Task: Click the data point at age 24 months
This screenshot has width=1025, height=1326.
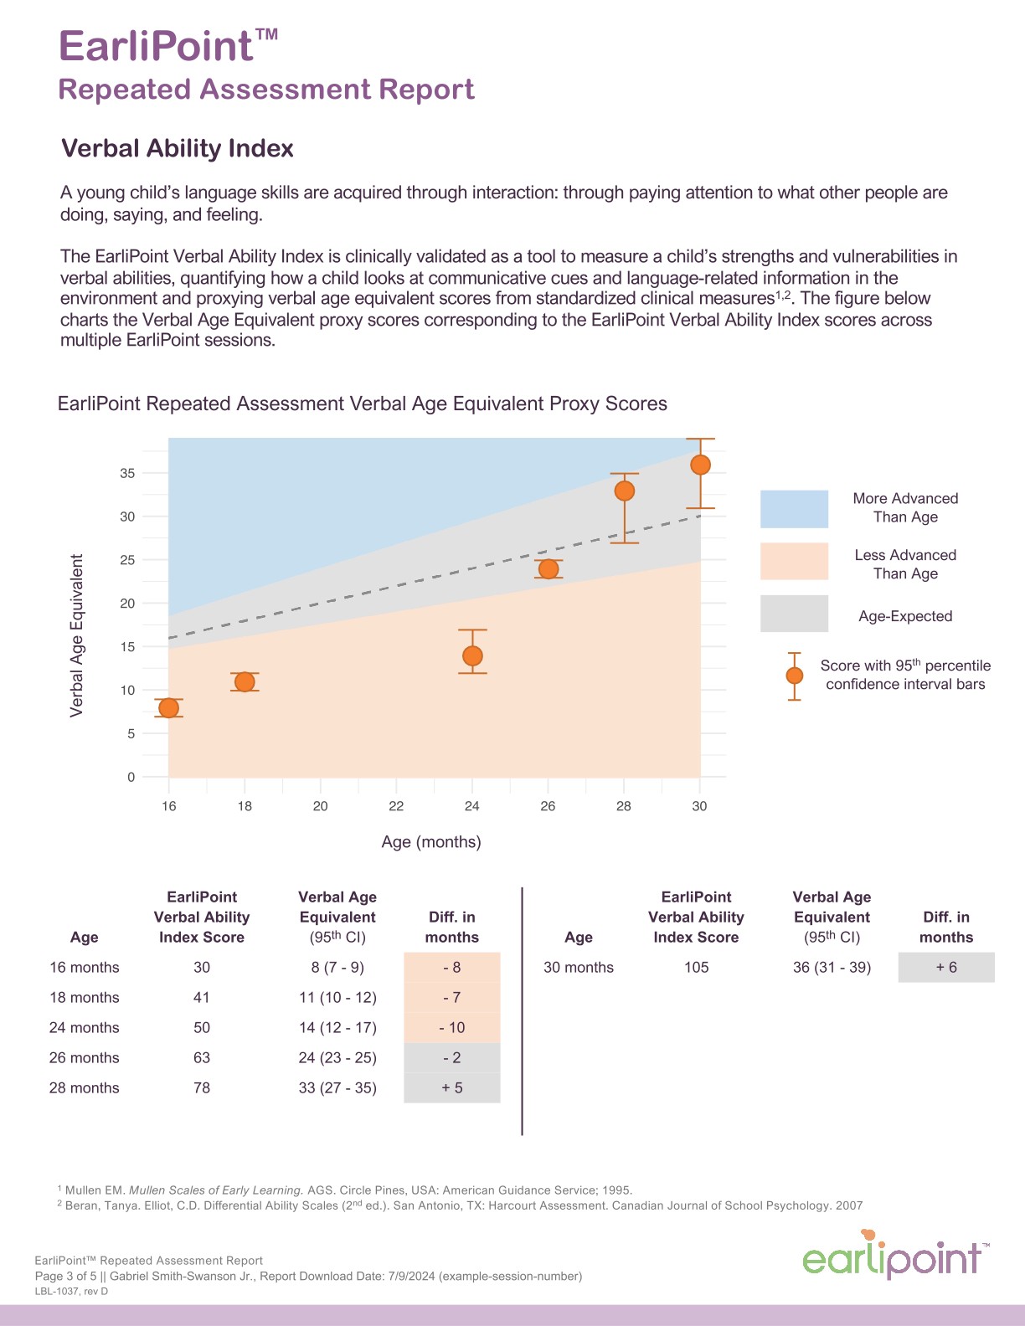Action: [472, 655]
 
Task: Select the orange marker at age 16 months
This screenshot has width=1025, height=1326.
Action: [168, 708]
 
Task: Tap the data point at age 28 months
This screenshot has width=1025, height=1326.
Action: [624, 491]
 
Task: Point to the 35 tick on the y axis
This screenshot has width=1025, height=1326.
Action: [127, 473]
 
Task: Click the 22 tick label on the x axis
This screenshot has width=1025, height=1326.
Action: [396, 806]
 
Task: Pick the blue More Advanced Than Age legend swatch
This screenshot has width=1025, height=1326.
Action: [794, 509]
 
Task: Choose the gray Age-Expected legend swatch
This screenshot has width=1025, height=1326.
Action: [794, 614]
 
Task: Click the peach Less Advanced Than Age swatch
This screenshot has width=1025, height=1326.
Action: [794, 562]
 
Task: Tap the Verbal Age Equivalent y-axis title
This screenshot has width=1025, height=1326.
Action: [77, 635]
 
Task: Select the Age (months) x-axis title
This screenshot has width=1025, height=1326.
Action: [431, 842]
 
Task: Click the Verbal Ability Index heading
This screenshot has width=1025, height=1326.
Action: [178, 149]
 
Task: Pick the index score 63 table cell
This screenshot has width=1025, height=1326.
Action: [202, 1058]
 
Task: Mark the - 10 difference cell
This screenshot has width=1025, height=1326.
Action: [452, 1028]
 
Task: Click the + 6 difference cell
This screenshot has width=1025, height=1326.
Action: [946, 968]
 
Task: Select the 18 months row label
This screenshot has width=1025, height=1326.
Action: [85, 998]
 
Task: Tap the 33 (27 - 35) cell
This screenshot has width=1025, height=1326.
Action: [337, 1088]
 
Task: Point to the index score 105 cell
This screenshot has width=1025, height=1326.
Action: [696, 968]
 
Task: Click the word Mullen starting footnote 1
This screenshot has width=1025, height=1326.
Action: [83, 1190]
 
